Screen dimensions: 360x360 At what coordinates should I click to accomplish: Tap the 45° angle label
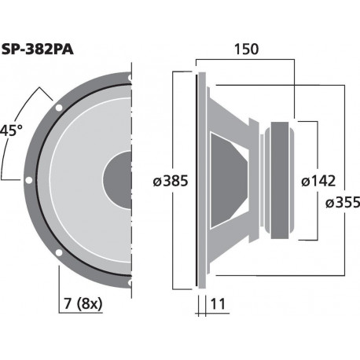[x=9, y=130]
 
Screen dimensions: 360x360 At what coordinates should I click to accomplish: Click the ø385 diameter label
[x=171, y=182]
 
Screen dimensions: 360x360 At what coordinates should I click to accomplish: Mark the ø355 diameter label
[x=342, y=203]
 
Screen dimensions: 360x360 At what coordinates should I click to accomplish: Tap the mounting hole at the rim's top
[x=127, y=76]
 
